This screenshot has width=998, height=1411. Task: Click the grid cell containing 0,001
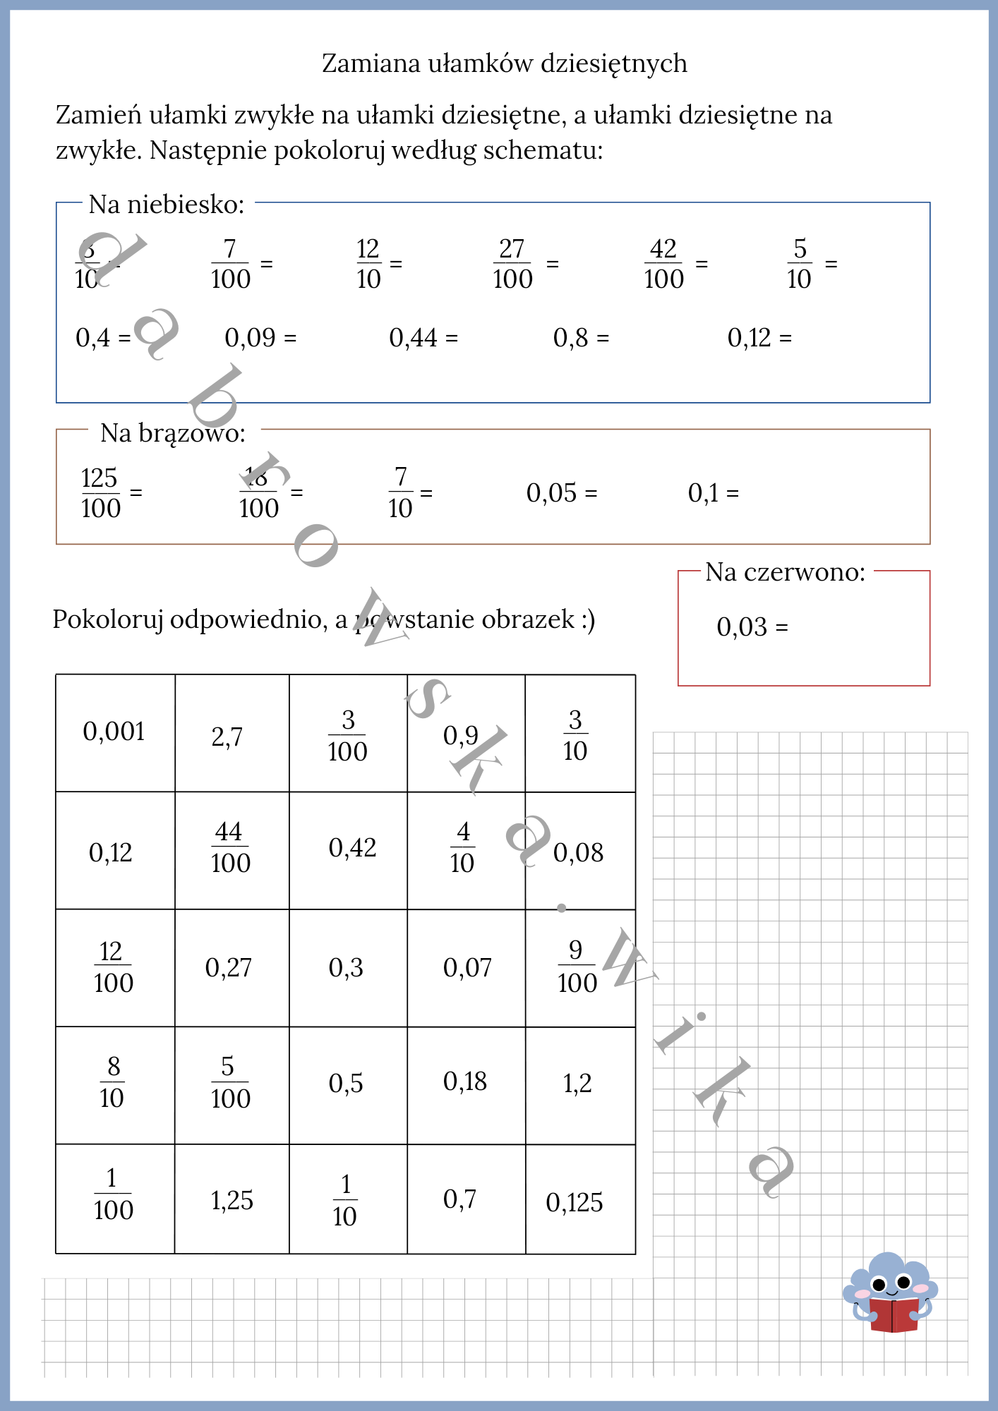coord(114,732)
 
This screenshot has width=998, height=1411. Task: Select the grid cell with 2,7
coord(227,737)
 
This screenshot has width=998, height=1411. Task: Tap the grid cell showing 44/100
coord(231,848)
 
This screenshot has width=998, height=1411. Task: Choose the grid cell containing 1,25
coord(232,1200)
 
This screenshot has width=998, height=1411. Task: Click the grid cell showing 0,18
coord(465,1082)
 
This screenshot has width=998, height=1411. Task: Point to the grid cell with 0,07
coord(467,967)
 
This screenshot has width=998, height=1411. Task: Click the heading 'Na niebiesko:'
coord(167,205)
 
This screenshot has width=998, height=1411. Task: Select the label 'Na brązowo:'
coord(173,433)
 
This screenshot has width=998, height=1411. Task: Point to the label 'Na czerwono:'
coord(785,572)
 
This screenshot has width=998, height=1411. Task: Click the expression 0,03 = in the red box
coord(752,626)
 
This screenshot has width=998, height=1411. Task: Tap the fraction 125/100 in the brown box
coord(100,492)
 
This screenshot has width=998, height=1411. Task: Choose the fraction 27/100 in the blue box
coord(512,264)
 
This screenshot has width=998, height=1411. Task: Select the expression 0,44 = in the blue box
coord(423,338)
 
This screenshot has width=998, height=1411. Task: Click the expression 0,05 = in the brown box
coord(561,492)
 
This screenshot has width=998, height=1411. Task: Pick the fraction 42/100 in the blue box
coord(663,264)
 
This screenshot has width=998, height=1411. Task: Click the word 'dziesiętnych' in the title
coord(613,63)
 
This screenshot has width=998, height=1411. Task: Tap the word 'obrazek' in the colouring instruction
coord(529,619)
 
